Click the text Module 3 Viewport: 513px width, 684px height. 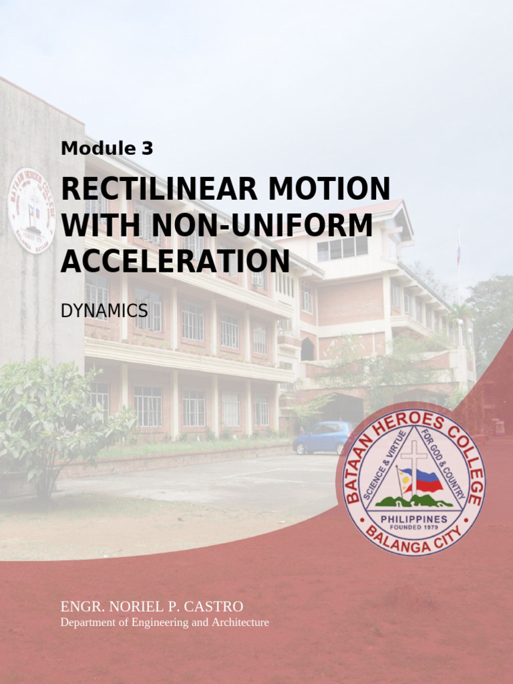[x=107, y=149]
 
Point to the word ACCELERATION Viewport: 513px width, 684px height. [x=175, y=261]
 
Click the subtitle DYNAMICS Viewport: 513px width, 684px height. [x=104, y=310]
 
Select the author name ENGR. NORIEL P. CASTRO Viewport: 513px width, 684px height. [x=152, y=607]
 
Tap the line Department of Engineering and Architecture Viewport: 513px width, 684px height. [x=164, y=623]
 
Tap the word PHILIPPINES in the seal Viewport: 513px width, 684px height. [x=414, y=519]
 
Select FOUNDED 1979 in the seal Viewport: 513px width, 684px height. [x=414, y=528]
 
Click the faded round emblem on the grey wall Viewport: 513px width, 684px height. [x=31, y=210]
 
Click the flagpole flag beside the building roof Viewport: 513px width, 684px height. [x=458, y=251]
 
